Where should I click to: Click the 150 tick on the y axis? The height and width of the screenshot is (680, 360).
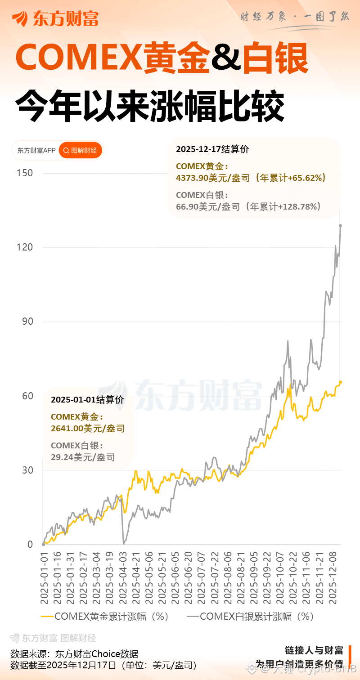(25, 173)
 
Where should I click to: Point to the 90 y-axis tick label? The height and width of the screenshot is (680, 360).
(27, 322)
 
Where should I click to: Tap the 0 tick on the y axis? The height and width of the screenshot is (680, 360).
(30, 544)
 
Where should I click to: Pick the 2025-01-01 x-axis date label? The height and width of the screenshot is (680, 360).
(44, 578)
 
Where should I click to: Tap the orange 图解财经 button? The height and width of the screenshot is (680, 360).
(81, 150)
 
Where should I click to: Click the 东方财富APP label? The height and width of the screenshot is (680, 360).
(36, 150)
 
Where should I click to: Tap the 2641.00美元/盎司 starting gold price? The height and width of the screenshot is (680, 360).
(88, 429)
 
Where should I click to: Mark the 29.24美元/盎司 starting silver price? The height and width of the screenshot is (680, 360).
(83, 457)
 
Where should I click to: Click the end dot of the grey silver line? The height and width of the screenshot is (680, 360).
(341, 226)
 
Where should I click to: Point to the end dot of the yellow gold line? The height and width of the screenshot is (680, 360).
(341, 382)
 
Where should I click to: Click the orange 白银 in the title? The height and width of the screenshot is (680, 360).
(275, 59)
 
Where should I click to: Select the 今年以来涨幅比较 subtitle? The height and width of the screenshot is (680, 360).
(150, 106)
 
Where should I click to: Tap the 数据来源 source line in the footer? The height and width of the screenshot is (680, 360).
(74, 654)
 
